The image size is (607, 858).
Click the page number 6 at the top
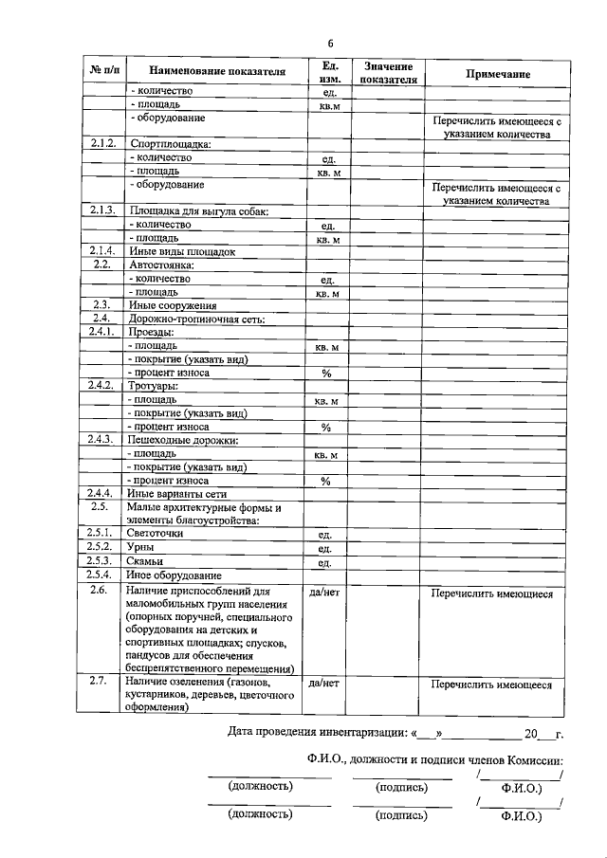(330, 44)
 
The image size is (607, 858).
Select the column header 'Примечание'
(497, 73)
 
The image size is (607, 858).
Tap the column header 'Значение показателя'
(387, 72)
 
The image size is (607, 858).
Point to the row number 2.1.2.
(101, 144)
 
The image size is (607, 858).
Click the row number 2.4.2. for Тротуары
(101, 386)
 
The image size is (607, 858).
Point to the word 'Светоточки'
(155, 534)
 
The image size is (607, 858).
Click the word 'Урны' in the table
(142, 548)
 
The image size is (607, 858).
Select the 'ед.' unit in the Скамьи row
(325, 562)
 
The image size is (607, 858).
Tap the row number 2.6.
(101, 590)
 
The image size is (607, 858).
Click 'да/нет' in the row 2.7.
(325, 683)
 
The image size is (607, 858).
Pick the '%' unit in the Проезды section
(325, 374)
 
